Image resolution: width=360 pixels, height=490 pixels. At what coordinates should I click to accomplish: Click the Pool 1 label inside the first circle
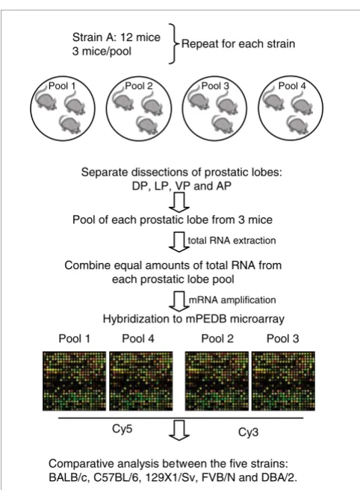[62, 86]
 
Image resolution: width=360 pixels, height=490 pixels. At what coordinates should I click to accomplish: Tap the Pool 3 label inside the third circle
[215, 86]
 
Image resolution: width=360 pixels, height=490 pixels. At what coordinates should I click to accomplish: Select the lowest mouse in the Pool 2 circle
[147, 124]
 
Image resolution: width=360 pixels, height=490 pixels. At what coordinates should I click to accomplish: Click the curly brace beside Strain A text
[173, 44]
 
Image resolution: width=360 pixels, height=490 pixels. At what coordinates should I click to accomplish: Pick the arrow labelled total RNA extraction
[179, 241]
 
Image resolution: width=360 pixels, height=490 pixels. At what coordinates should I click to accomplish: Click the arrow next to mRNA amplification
[179, 301]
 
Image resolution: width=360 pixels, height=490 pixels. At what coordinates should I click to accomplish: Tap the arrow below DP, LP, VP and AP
[179, 202]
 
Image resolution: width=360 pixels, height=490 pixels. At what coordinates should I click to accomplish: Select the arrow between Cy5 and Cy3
[179, 430]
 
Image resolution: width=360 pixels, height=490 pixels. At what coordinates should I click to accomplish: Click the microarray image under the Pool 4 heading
[141, 381]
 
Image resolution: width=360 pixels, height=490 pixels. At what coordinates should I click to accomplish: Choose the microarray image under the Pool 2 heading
[217, 381]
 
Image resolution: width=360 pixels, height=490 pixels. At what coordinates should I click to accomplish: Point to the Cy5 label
[122, 429]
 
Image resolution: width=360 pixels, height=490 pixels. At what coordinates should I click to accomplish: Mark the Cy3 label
[248, 432]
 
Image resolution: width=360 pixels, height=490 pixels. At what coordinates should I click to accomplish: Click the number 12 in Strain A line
[127, 37]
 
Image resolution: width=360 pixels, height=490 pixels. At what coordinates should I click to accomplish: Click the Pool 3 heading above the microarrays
[283, 338]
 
